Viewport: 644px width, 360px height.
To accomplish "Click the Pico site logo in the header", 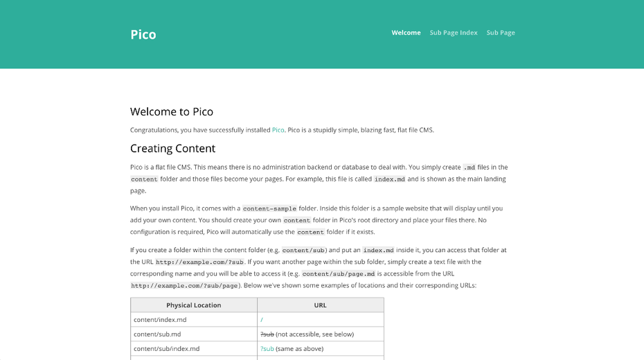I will click(x=143, y=35).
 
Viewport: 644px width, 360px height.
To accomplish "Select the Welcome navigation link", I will click(x=406, y=33).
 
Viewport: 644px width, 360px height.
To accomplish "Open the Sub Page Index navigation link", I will click(x=454, y=33).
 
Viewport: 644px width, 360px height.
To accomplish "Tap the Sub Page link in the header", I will click(x=501, y=33).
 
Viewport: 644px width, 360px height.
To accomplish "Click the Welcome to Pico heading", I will click(x=172, y=111).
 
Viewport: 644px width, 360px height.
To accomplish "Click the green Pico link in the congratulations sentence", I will click(x=278, y=129).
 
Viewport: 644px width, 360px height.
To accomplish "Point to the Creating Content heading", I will click(x=172, y=148).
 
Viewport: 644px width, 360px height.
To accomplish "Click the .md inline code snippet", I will click(x=469, y=168).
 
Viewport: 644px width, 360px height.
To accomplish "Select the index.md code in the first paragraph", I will click(x=389, y=179).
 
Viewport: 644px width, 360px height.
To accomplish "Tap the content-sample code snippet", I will click(x=269, y=208).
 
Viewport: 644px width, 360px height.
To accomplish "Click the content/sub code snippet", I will click(x=303, y=251).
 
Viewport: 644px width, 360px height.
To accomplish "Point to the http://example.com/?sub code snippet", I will click(x=199, y=262).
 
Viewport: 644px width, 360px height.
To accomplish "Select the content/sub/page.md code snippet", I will click(x=339, y=274).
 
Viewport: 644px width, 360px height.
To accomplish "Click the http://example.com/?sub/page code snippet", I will click(x=184, y=286).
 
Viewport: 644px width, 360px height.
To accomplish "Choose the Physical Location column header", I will click(x=193, y=305).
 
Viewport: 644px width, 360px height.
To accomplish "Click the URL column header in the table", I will click(x=320, y=305).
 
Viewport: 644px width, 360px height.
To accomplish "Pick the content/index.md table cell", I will click(x=160, y=320).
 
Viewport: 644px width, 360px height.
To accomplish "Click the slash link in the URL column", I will click(x=262, y=320).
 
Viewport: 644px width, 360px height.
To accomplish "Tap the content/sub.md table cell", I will click(x=157, y=334).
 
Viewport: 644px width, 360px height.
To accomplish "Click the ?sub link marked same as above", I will click(x=267, y=349).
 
